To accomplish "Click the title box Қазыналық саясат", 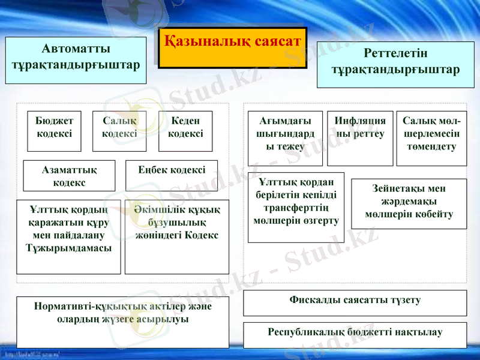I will pos(233,47).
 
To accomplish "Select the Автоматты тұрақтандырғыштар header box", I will pos(76,61).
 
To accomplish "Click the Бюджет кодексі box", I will pos(54,131).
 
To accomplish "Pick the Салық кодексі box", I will pos(119,131).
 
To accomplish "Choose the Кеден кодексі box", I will pos(185,131).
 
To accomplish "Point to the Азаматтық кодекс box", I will pos(69,175).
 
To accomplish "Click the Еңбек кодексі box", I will pos(171,175).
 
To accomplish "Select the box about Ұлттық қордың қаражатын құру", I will pos(69,236).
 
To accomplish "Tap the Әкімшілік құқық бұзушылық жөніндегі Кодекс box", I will pos(176,236).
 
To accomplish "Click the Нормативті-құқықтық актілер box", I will pos(122,322).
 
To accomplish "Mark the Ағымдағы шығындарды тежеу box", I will pos(285,138).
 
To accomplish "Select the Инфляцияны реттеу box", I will pos(360,138).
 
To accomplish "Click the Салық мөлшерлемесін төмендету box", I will pos(431,138).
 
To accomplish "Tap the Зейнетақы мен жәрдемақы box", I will pos(409,203).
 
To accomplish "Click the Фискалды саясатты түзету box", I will pos(355,302).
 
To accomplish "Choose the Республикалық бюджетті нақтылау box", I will pos(355,335).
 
